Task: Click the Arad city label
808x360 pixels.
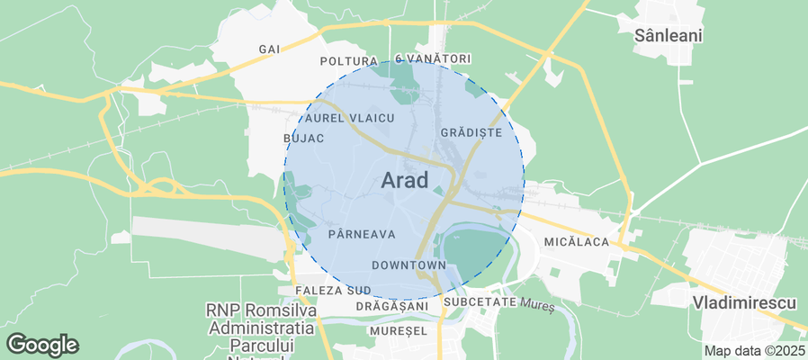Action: pyautogui.click(x=404, y=179)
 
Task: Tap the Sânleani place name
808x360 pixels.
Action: pyautogui.click(x=669, y=36)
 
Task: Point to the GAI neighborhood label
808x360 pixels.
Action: pyautogui.click(x=269, y=49)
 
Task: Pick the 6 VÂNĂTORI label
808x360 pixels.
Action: pyautogui.click(x=433, y=58)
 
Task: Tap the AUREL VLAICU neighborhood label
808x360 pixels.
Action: pyautogui.click(x=350, y=118)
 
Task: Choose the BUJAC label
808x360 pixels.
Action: pyautogui.click(x=303, y=139)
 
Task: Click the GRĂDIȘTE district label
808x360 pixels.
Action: pyautogui.click(x=471, y=132)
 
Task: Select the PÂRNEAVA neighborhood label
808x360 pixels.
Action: pyautogui.click(x=362, y=234)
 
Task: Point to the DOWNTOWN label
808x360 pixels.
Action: pyautogui.click(x=408, y=265)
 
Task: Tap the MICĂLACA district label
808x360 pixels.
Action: pyautogui.click(x=577, y=242)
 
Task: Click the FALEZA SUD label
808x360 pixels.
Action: pyautogui.click(x=332, y=291)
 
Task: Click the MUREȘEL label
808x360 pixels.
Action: pyautogui.click(x=397, y=331)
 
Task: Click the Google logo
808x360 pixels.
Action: pyautogui.click(x=42, y=345)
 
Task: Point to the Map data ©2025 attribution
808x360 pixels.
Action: pyautogui.click(x=754, y=351)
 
